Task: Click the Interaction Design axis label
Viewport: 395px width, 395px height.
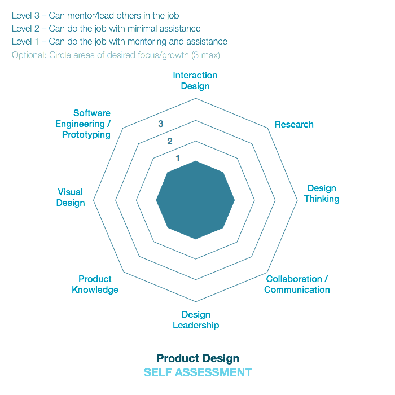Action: click(195, 81)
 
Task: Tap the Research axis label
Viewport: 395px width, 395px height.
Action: click(294, 124)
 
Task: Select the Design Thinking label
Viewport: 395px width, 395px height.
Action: click(322, 194)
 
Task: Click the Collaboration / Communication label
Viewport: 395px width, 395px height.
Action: click(297, 284)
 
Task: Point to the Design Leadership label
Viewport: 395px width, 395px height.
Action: click(196, 320)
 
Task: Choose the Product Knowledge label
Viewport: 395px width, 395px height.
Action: click(95, 284)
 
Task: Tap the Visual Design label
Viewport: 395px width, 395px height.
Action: click(71, 197)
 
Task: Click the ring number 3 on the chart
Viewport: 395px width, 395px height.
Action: click(161, 124)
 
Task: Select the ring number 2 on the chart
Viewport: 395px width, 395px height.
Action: click(169, 141)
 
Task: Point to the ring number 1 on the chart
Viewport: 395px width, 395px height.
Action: click(178, 158)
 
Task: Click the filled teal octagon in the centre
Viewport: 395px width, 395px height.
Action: click(196, 200)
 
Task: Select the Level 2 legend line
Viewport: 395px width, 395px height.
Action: click(106, 29)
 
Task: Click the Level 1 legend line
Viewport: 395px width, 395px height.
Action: click(120, 42)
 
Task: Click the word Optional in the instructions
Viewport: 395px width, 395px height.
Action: click(28, 55)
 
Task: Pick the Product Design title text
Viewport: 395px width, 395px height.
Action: click(197, 358)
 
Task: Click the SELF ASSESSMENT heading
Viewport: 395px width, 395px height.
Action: click(197, 372)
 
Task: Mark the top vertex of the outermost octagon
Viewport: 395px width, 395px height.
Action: click(196, 99)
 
